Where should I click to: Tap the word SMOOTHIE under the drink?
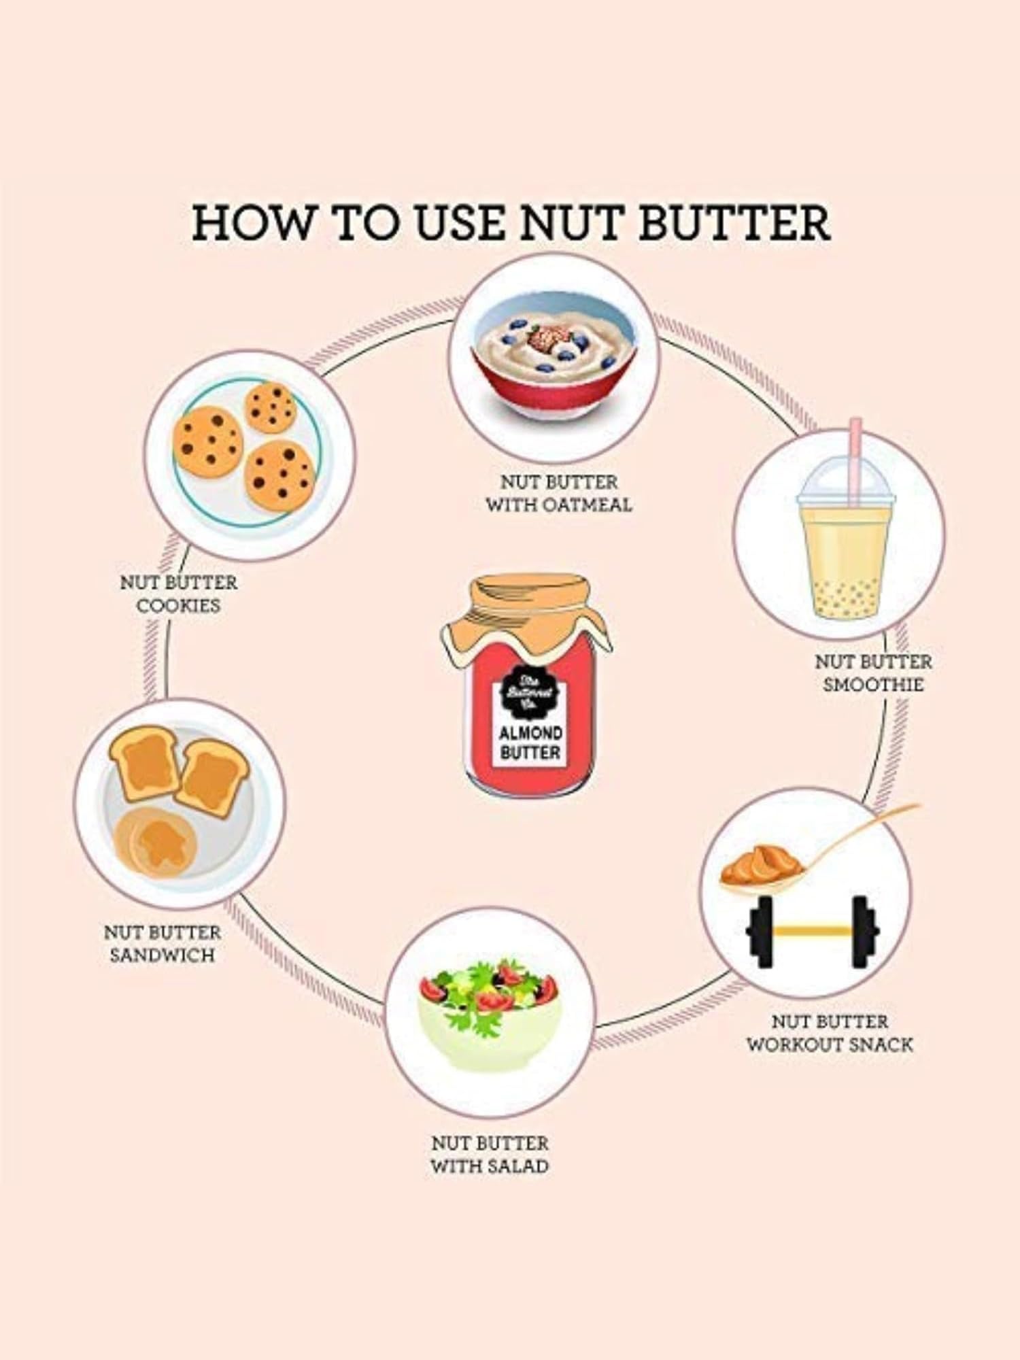[873, 684]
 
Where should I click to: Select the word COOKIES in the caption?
[179, 605]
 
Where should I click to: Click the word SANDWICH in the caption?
[163, 955]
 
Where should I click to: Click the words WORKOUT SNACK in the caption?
[830, 1044]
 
